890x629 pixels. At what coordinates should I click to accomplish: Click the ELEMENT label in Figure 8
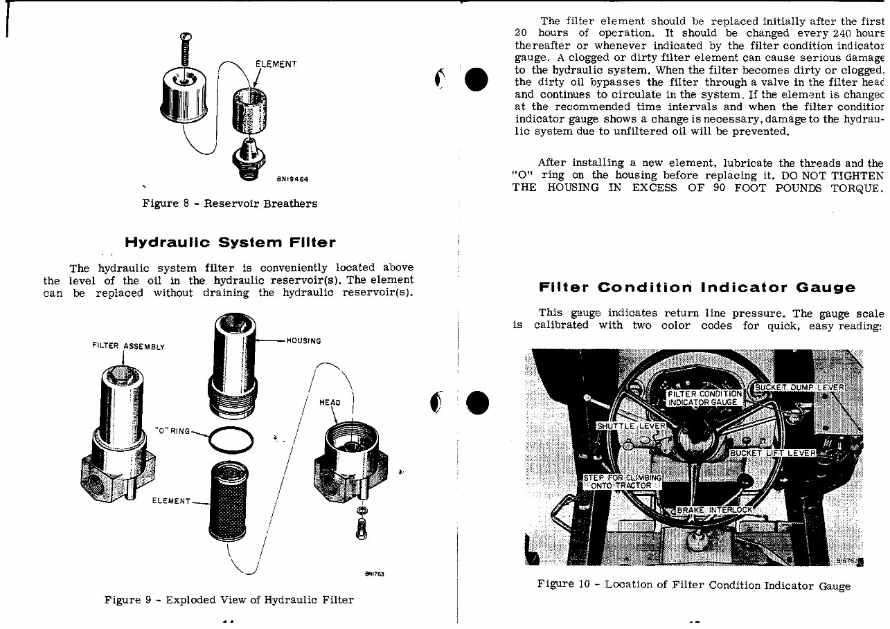click(x=276, y=64)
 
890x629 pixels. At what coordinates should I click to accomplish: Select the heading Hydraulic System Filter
click(x=230, y=242)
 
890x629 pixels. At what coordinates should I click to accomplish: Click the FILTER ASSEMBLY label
click(x=128, y=346)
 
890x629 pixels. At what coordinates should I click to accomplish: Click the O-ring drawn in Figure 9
click(x=231, y=440)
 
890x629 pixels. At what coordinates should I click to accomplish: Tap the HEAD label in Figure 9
click(x=330, y=402)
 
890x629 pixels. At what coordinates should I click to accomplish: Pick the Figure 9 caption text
click(x=229, y=600)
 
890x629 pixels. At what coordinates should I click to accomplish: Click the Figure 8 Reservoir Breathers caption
click(x=229, y=203)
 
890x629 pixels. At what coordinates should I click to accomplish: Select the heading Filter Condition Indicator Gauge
click(x=697, y=287)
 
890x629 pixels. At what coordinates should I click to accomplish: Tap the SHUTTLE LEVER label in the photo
click(x=630, y=426)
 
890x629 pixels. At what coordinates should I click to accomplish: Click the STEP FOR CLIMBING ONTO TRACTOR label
click(x=622, y=482)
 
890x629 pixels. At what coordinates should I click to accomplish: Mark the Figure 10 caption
click(x=693, y=585)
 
